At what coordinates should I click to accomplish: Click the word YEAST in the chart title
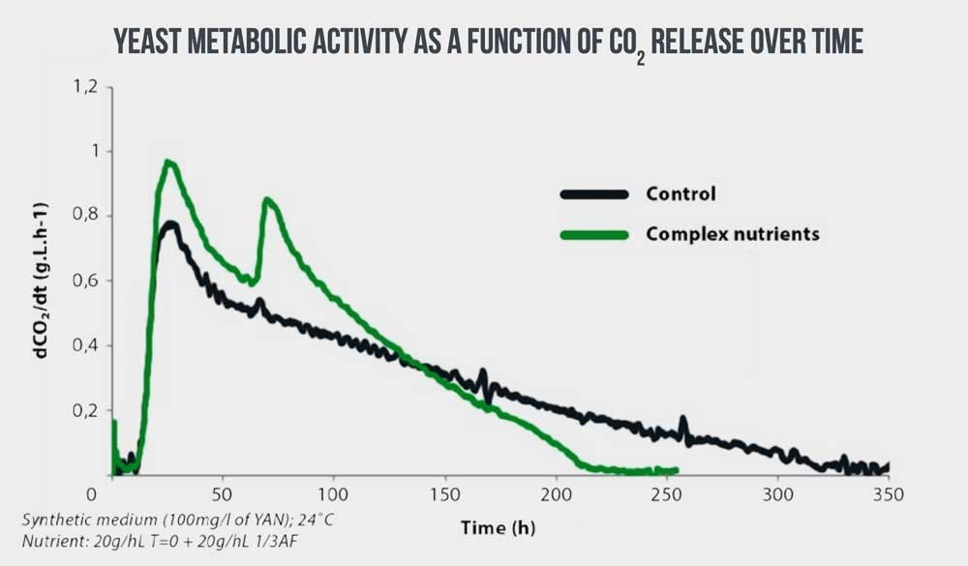(146, 42)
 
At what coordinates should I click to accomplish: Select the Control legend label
(681, 194)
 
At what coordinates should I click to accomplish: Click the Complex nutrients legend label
(733, 234)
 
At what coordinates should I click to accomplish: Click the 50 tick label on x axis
(224, 493)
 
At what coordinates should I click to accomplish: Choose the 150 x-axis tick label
(444, 493)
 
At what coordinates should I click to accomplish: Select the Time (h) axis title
(497, 527)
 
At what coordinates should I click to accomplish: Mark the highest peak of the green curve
(168, 163)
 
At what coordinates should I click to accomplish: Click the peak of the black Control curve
(170, 224)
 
